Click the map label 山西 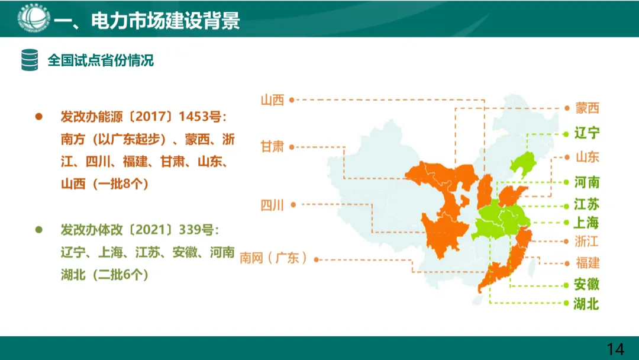272,100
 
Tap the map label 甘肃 272,146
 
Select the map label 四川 272,205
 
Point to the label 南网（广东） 273,258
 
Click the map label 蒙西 587,108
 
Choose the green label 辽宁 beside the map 587,133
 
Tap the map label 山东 587,157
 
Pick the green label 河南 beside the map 587,182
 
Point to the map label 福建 587,262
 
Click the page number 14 615,349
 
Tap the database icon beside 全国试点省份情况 30,60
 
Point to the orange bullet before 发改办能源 39,116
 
